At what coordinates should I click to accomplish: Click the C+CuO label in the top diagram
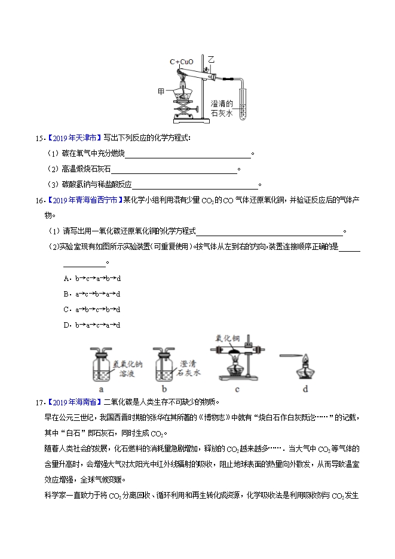(182, 62)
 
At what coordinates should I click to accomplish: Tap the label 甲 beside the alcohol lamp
(161, 91)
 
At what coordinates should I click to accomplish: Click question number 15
(39, 138)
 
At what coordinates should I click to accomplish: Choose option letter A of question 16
(66, 278)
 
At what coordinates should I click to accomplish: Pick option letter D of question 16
(66, 325)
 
